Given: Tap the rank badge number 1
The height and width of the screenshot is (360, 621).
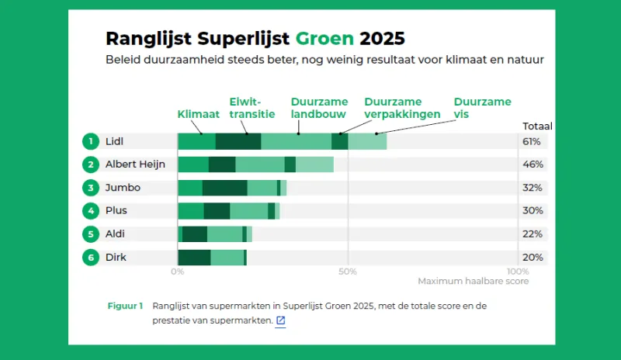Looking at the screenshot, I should click(x=91, y=141).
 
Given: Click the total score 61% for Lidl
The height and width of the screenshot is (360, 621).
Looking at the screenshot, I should click(x=532, y=141).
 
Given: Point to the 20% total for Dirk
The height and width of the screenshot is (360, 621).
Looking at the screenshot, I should click(x=532, y=258).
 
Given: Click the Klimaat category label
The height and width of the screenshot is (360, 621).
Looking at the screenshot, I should click(x=199, y=114).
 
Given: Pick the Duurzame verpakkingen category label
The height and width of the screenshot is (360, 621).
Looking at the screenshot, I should click(x=402, y=108).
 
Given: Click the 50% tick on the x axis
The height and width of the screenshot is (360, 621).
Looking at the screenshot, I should click(x=349, y=272).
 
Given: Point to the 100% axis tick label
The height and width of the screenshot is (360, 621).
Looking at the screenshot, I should click(x=518, y=272).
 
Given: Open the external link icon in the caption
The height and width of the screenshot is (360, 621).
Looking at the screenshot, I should click(x=280, y=320).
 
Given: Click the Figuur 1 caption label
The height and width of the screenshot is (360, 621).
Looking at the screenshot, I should click(x=125, y=306).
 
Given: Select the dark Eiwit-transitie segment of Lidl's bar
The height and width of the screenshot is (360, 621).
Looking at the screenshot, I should click(x=238, y=141).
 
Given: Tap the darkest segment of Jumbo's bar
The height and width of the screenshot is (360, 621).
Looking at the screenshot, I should click(x=224, y=188).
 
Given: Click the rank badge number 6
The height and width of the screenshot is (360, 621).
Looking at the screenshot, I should click(x=91, y=258).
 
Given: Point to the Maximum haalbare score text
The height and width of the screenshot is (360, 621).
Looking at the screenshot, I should click(x=473, y=282).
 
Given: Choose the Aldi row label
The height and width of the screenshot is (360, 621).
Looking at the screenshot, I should click(x=115, y=234).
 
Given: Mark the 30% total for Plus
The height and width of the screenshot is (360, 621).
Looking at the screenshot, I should click(x=532, y=211).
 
